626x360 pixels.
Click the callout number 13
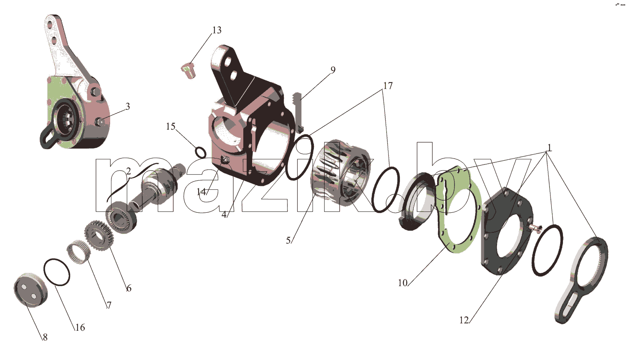click(x=217, y=30)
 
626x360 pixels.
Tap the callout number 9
click(x=333, y=70)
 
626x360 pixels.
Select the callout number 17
click(x=388, y=86)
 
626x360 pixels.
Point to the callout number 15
click(x=170, y=126)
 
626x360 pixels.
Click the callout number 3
click(x=128, y=106)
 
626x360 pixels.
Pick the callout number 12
click(x=464, y=320)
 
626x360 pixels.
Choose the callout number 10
click(x=403, y=283)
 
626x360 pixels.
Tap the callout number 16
click(x=80, y=327)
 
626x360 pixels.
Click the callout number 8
click(x=45, y=337)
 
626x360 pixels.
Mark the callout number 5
click(x=288, y=240)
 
